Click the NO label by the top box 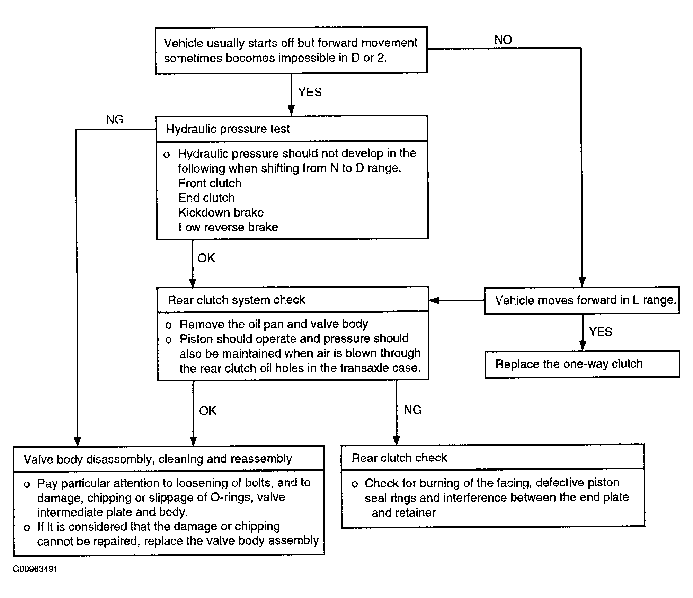click(x=503, y=40)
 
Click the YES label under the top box click(x=310, y=92)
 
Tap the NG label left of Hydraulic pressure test click(x=115, y=120)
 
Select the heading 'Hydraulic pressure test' click(x=228, y=129)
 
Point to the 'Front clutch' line click(x=210, y=183)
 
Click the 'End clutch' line click(x=207, y=198)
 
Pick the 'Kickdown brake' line click(x=221, y=212)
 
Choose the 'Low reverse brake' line click(x=228, y=227)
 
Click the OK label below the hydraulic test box click(x=206, y=258)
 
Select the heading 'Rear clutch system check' click(x=237, y=300)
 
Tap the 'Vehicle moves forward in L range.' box click(x=582, y=300)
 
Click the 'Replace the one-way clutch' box click(x=582, y=364)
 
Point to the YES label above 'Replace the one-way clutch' click(x=601, y=332)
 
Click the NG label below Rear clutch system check click(x=413, y=410)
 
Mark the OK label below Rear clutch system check click(x=208, y=411)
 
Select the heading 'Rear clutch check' click(x=399, y=458)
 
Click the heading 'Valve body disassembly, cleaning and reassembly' click(x=158, y=459)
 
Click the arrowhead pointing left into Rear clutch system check click(x=434, y=300)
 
